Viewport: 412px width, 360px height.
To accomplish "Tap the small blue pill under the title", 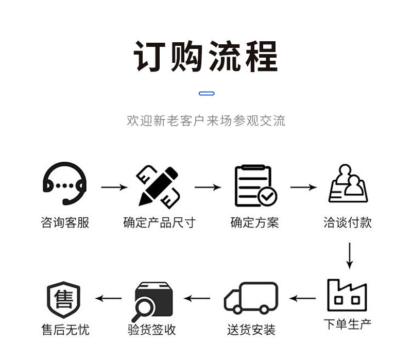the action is tap(207, 93).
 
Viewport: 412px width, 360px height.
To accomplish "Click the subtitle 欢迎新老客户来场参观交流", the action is tap(206, 121).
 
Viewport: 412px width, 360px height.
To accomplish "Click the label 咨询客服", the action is tap(65, 222).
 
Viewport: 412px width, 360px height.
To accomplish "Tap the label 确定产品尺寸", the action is tap(159, 222).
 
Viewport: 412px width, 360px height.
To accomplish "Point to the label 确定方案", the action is tap(254, 222).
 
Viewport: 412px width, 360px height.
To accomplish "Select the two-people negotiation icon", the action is tap(348, 184).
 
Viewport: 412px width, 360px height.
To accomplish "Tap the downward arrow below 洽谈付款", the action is tap(349, 255).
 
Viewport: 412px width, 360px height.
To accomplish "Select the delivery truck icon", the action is tap(251, 298).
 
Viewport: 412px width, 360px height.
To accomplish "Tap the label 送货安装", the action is tap(251, 330).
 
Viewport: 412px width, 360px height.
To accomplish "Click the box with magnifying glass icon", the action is tap(153, 300).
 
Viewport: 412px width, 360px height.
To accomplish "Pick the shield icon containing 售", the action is tap(64, 299).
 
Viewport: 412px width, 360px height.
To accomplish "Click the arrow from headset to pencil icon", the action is tap(114, 187).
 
